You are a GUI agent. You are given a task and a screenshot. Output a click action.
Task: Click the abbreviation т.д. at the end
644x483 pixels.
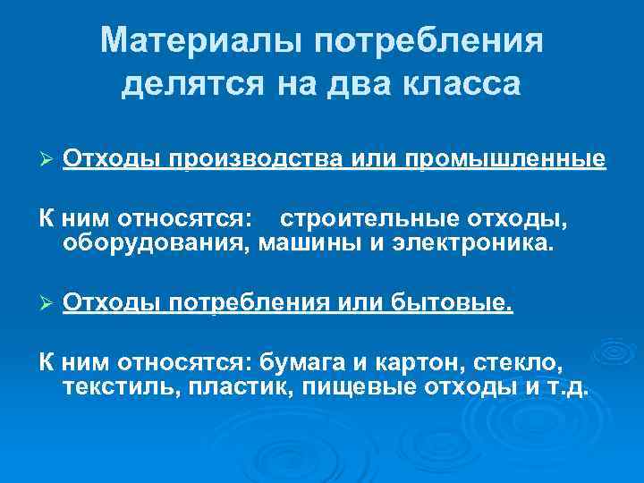567,388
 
